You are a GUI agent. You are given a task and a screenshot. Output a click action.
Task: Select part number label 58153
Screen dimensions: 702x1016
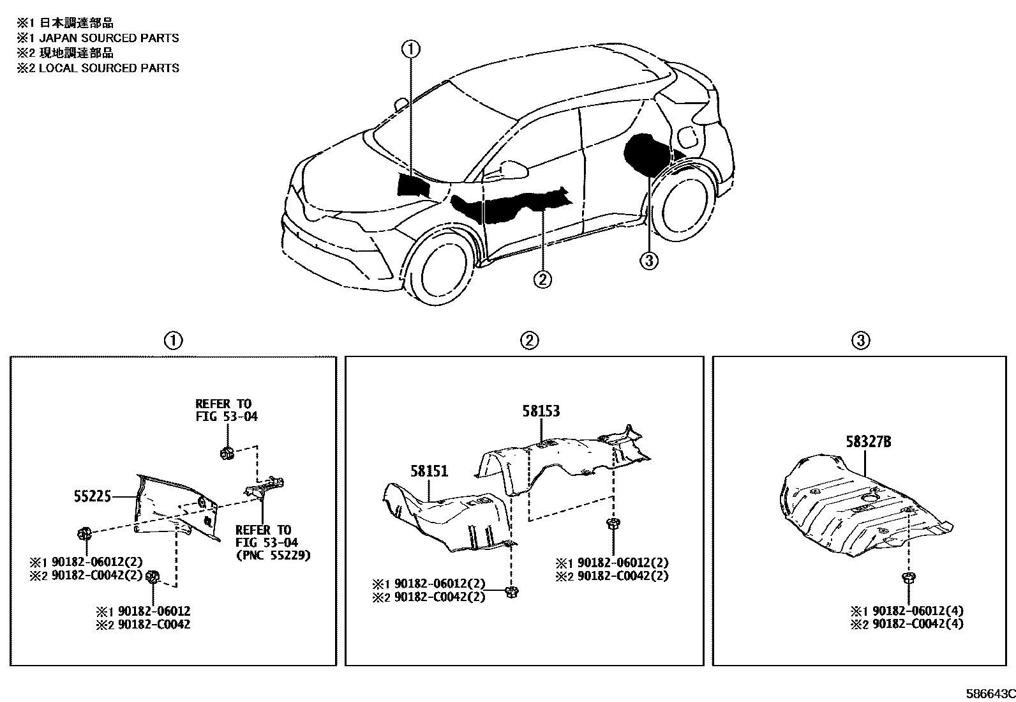(x=541, y=411)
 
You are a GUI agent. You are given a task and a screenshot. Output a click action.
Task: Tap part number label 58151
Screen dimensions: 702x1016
(x=429, y=471)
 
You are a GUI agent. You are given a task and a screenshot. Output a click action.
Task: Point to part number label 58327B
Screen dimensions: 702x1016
(x=869, y=441)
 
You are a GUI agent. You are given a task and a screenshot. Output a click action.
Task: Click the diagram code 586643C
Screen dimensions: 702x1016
(x=989, y=694)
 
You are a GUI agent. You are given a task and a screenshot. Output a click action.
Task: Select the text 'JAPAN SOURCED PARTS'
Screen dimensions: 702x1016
(x=109, y=38)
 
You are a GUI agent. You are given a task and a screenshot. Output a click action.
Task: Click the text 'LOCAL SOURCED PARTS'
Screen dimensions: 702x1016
(x=109, y=68)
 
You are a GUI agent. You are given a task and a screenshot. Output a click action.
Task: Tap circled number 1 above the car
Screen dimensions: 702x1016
(x=411, y=49)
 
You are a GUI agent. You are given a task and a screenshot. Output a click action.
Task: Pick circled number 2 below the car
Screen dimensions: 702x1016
(x=542, y=279)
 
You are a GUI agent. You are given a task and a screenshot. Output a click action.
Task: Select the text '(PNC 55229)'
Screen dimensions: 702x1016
(x=273, y=555)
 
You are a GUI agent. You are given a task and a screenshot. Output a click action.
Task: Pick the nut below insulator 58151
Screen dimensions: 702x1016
(x=511, y=591)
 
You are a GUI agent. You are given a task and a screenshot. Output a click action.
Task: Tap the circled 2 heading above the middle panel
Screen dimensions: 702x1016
(x=529, y=340)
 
